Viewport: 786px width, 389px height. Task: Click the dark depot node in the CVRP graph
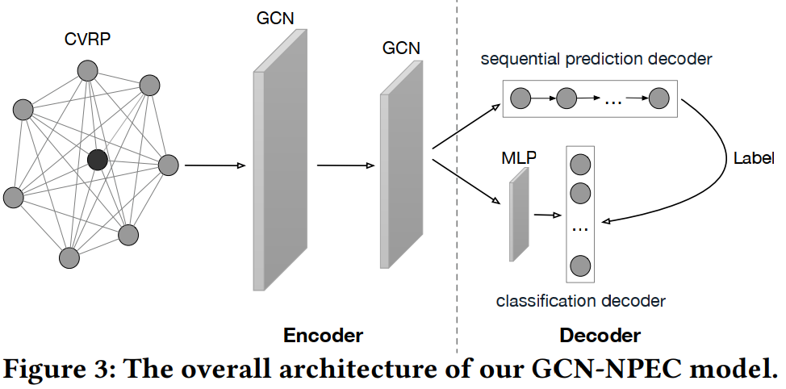pyautogui.click(x=98, y=160)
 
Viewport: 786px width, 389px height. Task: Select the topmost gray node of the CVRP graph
pyautogui.click(x=87, y=71)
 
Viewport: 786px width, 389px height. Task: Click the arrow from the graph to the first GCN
pyautogui.click(x=214, y=166)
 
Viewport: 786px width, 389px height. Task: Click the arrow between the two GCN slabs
pyautogui.click(x=345, y=166)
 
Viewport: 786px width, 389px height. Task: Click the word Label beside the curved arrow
pyautogui.click(x=754, y=157)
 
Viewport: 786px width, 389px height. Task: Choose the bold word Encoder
pyautogui.click(x=324, y=335)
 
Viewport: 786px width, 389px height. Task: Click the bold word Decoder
pyautogui.click(x=600, y=335)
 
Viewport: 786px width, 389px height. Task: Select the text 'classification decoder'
pyautogui.click(x=580, y=301)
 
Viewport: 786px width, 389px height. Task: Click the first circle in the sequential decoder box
pyautogui.click(x=521, y=99)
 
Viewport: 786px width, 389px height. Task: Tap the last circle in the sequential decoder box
pyautogui.click(x=659, y=99)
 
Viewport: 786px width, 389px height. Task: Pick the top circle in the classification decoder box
pyautogui.click(x=579, y=165)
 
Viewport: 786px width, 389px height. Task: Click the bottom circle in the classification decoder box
pyautogui.click(x=579, y=264)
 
